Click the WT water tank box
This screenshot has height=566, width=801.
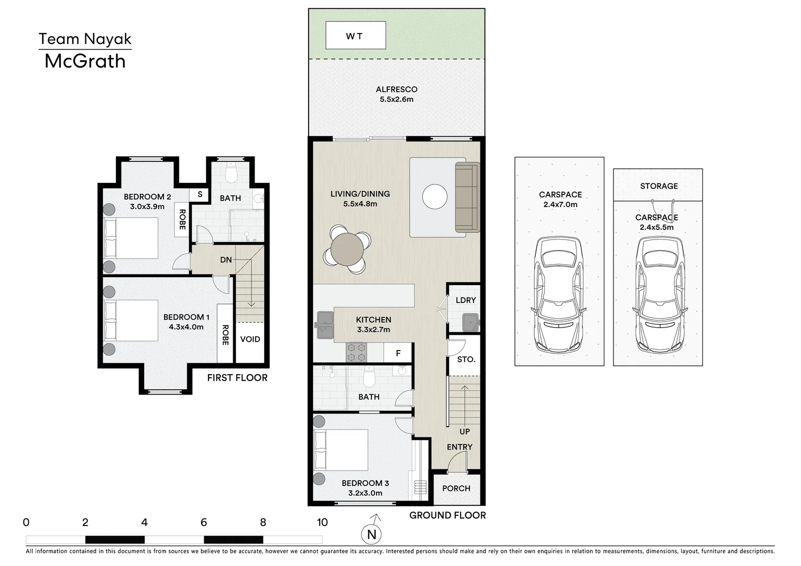pos(355,35)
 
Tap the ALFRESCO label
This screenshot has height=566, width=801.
pos(396,90)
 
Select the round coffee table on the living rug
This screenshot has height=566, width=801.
pos(434,197)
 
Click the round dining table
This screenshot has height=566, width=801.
pos(347,249)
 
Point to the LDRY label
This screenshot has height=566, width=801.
pos(466,300)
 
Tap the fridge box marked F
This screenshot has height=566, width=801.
pos(398,353)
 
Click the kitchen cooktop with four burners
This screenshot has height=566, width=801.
pos(357,352)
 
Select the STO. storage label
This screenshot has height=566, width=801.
pos(466,359)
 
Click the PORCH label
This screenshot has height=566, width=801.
pos(456,488)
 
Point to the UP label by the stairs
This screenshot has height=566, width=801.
pos(465,431)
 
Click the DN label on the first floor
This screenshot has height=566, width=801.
pos(226,260)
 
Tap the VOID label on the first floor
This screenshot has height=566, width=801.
pos(250,339)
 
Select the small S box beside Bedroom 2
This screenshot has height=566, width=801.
pos(200,194)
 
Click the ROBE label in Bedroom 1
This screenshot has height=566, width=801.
pos(225,335)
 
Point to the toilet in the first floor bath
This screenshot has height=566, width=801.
pos(231,172)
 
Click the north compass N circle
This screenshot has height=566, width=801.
pos(371,534)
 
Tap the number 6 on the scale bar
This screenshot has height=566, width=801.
pos(203,523)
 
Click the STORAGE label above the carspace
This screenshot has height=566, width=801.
pos(659,186)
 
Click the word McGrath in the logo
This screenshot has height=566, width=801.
pos(85,61)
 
